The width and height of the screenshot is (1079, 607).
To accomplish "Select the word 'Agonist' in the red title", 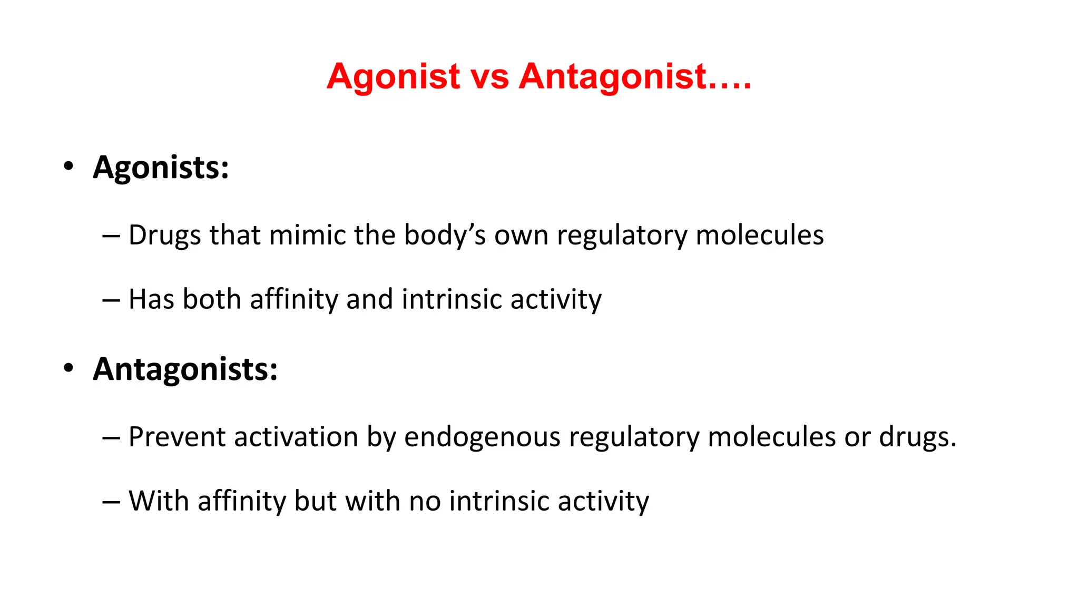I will pos(393,77).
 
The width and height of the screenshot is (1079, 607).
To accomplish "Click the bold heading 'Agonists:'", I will pos(161,168).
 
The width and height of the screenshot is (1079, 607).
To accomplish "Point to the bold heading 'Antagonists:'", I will pos(185,369).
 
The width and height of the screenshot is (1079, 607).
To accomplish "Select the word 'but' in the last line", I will pos(315,501).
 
